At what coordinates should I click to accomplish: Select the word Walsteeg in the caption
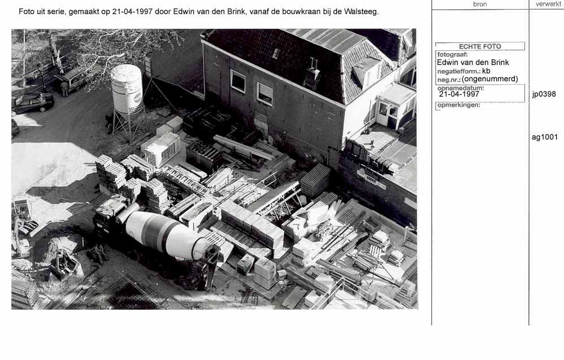pos(361,11)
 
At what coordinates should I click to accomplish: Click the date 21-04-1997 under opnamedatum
pos(459,94)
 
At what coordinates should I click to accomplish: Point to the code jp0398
pos(544,94)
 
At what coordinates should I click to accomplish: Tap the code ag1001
pos(545,137)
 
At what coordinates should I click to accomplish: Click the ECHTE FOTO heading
pos(480,46)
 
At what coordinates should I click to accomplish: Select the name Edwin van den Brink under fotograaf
pos(472,63)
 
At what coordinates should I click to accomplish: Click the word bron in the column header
pos(480,5)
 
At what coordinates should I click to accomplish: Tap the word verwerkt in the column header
pos(548,4)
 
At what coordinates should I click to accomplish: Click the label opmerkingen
pos(459,105)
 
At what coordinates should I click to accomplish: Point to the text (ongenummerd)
pos(490,79)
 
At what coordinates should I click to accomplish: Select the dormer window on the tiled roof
pos(366,72)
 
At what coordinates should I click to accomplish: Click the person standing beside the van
pos(64,89)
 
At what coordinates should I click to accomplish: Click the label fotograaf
pos(452,55)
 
